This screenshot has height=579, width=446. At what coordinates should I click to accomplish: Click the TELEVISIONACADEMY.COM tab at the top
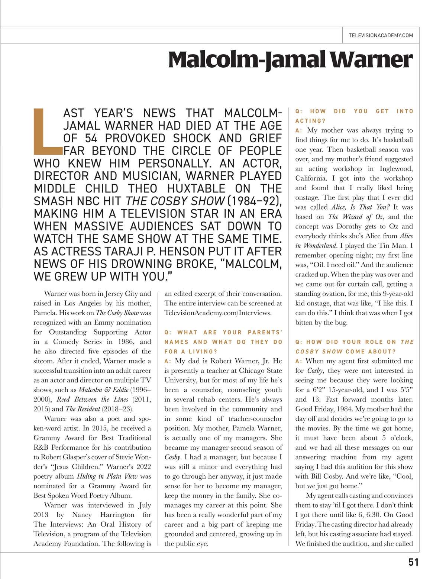click(x=381, y=35)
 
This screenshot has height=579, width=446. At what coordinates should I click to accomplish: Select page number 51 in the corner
click(x=413, y=562)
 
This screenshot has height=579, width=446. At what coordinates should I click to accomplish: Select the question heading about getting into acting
click(x=354, y=116)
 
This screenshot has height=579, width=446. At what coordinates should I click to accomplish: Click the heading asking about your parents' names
click(x=223, y=342)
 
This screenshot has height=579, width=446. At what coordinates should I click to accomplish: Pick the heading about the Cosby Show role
click(x=354, y=346)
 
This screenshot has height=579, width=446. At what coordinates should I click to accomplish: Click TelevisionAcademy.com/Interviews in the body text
click(x=218, y=313)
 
